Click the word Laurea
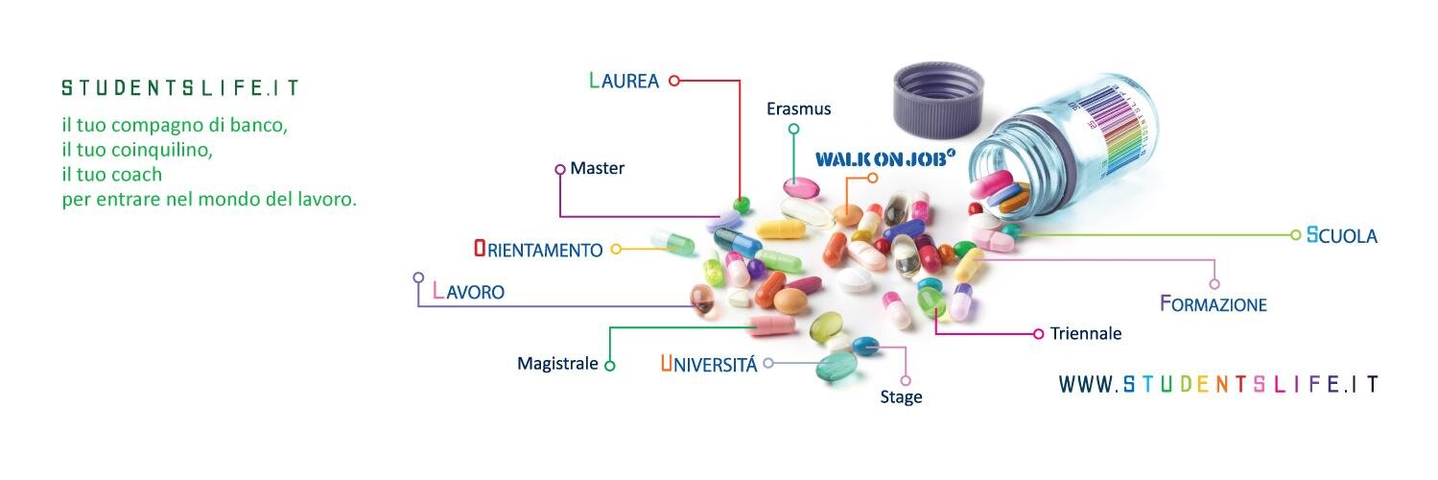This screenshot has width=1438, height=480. tap(624, 81)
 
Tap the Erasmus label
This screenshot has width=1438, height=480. tap(798, 108)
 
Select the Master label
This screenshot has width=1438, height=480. tap(597, 168)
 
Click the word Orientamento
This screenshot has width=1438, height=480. tap(538, 249)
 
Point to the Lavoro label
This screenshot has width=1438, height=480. tap(469, 291)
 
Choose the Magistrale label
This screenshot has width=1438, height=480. tap(557, 364)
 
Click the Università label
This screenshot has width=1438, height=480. tap(709, 364)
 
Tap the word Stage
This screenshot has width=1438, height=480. tap(901, 397)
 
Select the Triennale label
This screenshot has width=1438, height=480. tap(1086, 333)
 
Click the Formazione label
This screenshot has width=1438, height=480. tap(1214, 303)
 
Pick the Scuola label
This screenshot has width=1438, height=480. tap(1342, 235)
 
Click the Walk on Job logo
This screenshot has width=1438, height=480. tap(885, 158)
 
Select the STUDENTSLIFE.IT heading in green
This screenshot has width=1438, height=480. tap(180, 87)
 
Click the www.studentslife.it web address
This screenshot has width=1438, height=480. tap(1218, 384)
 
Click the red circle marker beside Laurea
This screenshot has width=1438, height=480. tap(674, 81)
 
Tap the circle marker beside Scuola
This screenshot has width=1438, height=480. tap(1295, 235)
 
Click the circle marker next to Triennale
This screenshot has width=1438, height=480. tap(1038, 333)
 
